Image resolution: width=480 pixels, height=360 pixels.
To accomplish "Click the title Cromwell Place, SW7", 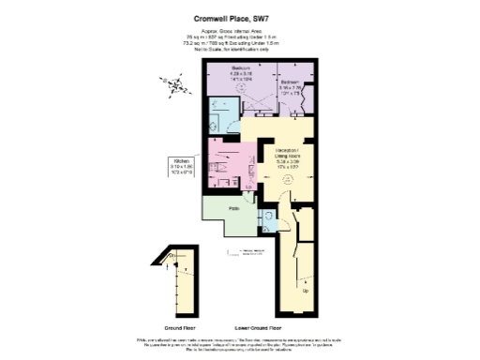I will [239, 16].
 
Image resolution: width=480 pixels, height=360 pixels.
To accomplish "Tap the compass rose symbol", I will [174, 85].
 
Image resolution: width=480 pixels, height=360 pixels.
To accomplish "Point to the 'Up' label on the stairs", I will [307, 291].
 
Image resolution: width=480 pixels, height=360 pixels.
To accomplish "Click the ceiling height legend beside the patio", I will [246, 253].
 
